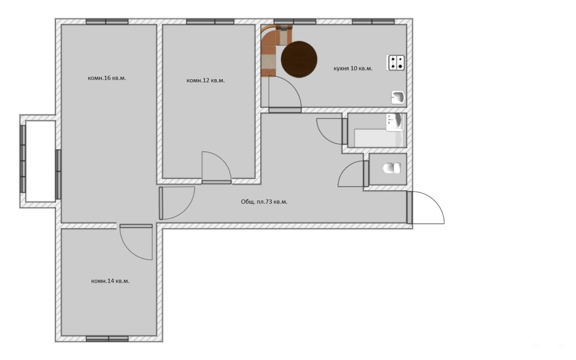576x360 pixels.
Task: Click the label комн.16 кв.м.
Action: tap(107, 78)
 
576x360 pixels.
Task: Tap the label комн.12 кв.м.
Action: tap(206, 81)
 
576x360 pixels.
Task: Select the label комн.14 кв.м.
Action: tap(110, 281)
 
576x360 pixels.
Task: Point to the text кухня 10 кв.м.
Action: tap(353, 68)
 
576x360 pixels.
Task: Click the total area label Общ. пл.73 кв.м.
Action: tap(264, 202)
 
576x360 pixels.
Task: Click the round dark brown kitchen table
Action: tap(299, 59)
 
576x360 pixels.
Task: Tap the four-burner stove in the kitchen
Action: tap(396, 63)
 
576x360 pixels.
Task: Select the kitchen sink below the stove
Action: tap(398, 98)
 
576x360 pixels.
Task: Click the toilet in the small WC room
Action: tap(391, 168)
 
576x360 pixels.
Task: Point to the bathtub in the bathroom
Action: tap(378, 138)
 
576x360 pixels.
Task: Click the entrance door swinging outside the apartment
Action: tap(426, 207)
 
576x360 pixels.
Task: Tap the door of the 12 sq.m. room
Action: tap(216, 168)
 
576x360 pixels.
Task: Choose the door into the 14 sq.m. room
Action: tap(136, 242)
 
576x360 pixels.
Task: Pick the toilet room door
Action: tap(353, 174)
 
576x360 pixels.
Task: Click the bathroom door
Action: tap(332, 131)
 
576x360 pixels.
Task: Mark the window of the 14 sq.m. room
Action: tap(107, 339)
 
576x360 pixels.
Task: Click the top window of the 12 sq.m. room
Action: tap(210, 22)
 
